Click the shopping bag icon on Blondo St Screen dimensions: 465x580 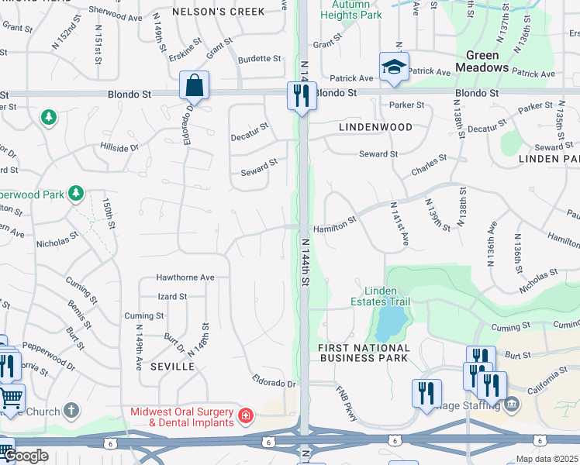(194, 86)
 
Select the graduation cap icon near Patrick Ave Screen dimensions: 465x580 (394, 67)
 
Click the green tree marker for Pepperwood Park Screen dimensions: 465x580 (76, 192)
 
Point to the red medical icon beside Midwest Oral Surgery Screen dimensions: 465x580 (246, 416)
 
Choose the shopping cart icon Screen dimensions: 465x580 (11, 398)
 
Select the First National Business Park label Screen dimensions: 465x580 (363, 353)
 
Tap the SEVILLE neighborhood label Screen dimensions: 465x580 (171, 366)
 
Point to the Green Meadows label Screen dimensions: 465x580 (487, 61)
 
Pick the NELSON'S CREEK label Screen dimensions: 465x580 (218, 11)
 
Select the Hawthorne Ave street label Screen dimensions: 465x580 (185, 277)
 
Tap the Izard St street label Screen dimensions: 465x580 (172, 296)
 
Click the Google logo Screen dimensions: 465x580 (26, 456)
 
